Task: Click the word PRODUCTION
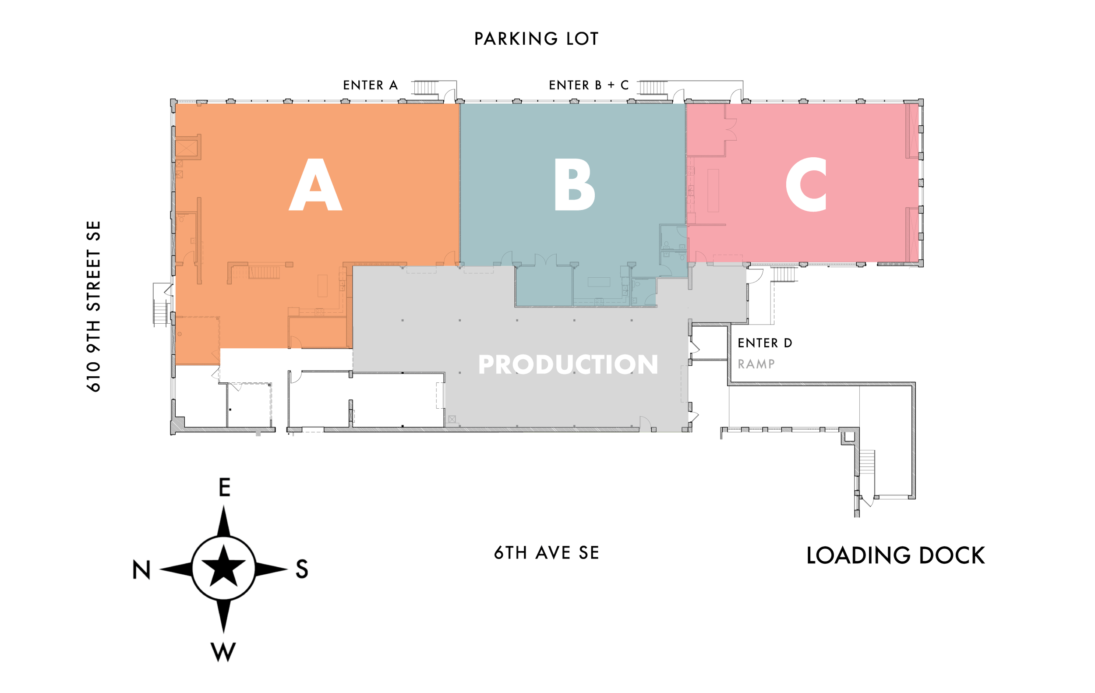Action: (568, 364)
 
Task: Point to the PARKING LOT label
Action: (537, 39)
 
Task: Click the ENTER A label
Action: (370, 85)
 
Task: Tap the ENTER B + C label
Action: (588, 85)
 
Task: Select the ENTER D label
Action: (765, 343)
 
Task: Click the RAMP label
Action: (756, 364)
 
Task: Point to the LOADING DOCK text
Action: (895, 556)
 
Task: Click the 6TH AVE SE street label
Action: (547, 553)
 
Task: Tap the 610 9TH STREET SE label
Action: (93, 307)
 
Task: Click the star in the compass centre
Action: (223, 567)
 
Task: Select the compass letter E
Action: (225, 488)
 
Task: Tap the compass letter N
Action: (141, 569)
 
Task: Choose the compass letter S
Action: (302, 569)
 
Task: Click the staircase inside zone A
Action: (264, 273)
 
